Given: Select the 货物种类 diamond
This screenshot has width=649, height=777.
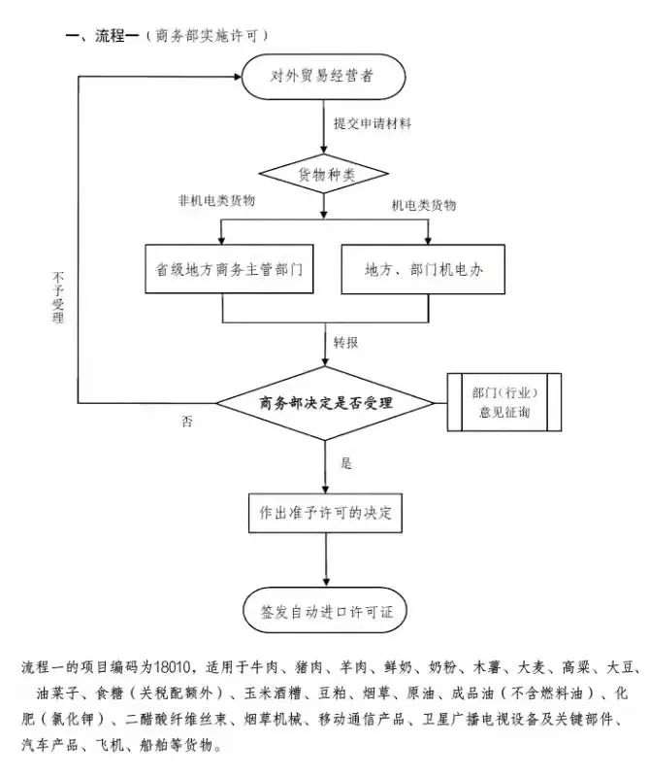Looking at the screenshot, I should click(x=324, y=174).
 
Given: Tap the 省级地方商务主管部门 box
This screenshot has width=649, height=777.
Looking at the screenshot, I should click(x=223, y=268).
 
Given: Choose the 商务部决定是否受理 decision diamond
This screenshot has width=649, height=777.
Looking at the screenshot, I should click(x=324, y=402).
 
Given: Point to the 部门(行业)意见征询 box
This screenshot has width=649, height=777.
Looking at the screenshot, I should click(x=504, y=402).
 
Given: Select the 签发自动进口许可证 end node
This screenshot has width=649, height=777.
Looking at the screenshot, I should click(x=324, y=613).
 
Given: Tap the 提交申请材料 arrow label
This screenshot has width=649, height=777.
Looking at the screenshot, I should click(x=373, y=123).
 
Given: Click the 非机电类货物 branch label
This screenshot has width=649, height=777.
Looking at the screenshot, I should click(x=216, y=200).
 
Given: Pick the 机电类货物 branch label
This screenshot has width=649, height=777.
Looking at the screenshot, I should click(x=424, y=206).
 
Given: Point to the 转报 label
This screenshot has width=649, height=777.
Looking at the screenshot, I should click(x=347, y=343).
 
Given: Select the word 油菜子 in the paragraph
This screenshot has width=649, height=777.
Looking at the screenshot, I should click(x=56, y=694).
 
